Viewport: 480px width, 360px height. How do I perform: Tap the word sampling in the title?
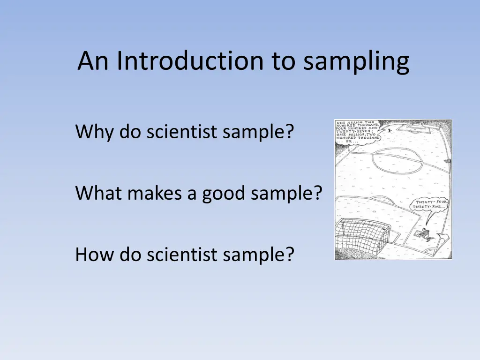pyautogui.click(x=356, y=62)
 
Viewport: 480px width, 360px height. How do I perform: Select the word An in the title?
pyautogui.click(x=95, y=61)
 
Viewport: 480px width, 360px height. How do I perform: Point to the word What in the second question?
pyautogui.click(x=97, y=193)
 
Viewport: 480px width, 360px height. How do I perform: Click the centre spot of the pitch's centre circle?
pyautogui.click(x=398, y=157)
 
